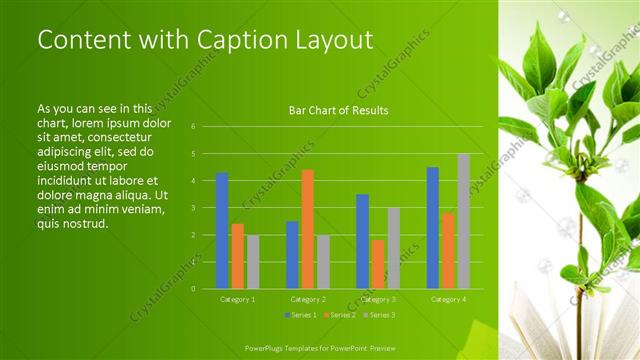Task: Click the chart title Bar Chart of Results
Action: coord(338,110)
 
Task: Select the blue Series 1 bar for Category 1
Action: coord(222,230)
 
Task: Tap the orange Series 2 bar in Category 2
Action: coord(307,229)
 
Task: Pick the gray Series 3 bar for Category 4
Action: coord(463,221)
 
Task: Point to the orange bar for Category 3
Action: coord(377,264)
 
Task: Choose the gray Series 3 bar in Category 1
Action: coord(253,261)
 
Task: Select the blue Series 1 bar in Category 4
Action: coord(432,227)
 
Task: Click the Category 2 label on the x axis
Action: coord(308,299)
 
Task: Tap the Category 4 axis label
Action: coord(449,299)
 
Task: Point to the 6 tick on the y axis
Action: coord(206,127)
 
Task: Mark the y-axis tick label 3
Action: coord(206,208)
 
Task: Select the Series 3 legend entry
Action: coord(379,315)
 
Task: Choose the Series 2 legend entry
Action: coord(340,315)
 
